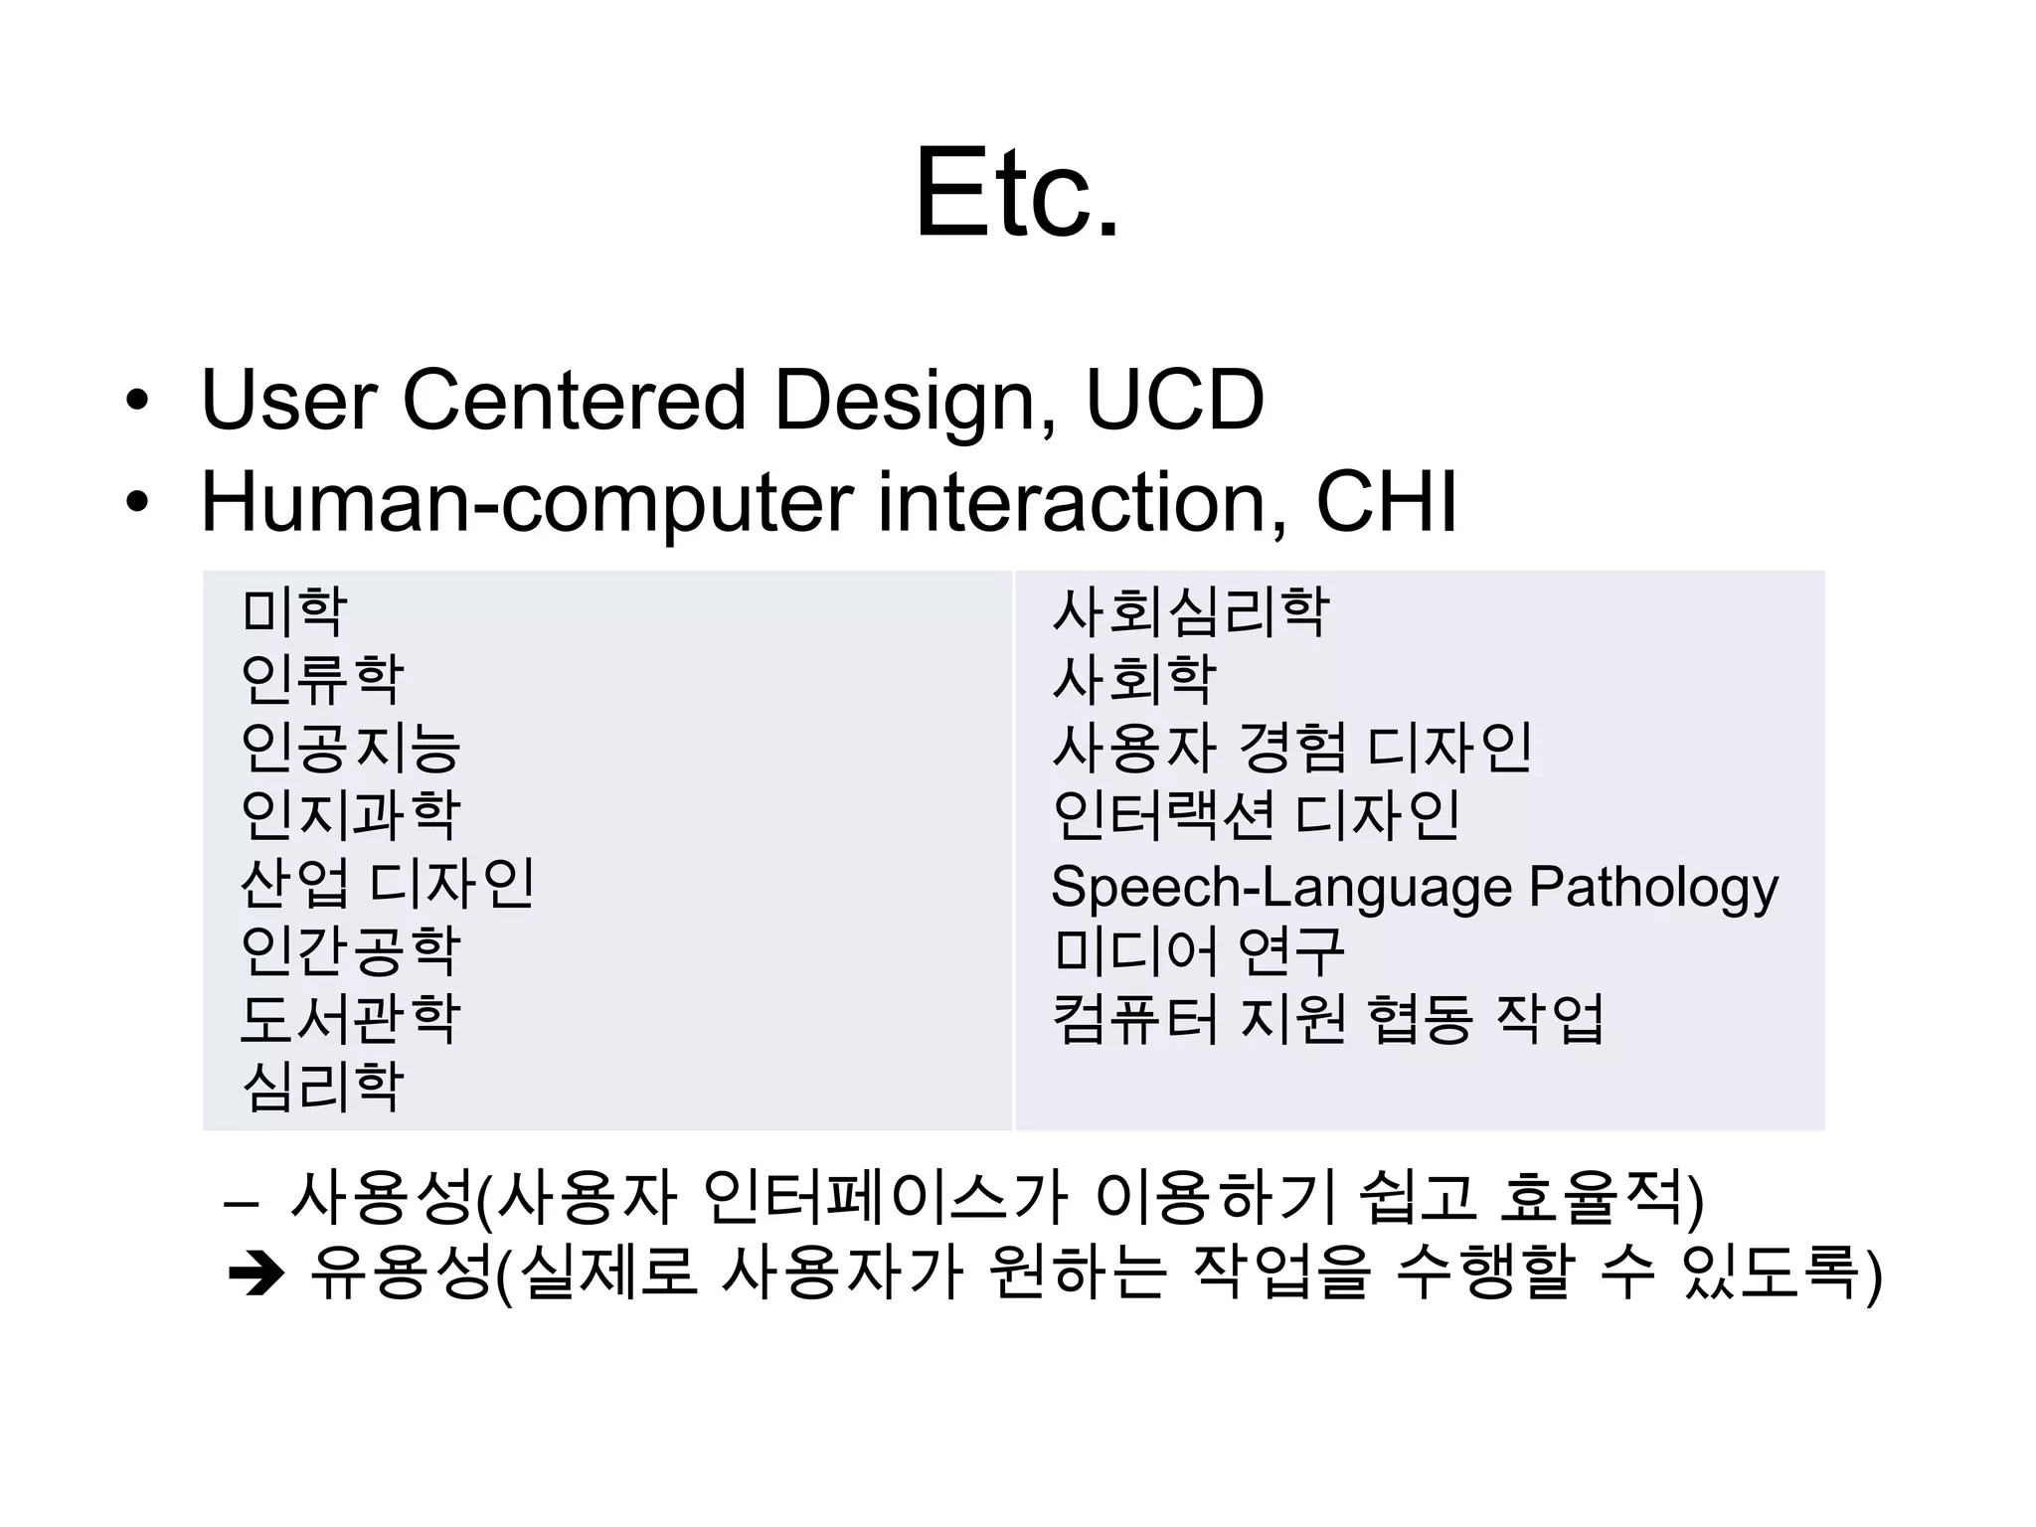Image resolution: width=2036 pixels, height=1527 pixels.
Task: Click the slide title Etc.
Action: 1016,192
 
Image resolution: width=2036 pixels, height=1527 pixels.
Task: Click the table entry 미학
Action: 294,610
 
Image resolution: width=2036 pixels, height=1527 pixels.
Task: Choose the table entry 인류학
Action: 322,678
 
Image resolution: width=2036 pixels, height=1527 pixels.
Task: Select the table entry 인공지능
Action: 350,747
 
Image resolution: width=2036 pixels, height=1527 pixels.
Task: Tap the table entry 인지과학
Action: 350,814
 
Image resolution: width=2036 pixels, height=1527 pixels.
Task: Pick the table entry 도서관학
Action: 350,1018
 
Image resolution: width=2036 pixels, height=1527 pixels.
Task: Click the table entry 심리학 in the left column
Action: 322,1086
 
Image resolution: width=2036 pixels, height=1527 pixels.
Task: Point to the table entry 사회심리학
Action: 1190,610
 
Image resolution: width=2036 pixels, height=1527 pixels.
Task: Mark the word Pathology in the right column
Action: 1652,887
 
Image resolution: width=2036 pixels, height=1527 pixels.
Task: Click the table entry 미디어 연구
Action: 1198,950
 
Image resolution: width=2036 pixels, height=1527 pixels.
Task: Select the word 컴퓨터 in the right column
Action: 1134,1018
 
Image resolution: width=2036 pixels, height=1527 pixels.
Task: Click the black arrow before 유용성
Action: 256,1274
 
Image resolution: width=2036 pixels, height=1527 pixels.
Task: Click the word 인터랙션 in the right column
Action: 1162,814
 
